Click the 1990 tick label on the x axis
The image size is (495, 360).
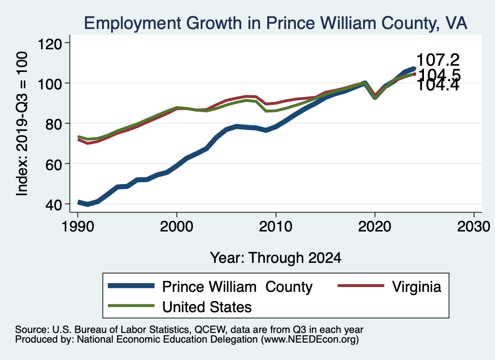[77, 227]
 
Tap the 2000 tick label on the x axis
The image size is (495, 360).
[176, 227]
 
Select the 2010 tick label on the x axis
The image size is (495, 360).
[276, 227]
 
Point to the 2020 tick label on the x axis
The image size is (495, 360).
[375, 227]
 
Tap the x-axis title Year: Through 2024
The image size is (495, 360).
[276, 258]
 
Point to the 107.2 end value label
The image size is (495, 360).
[437, 60]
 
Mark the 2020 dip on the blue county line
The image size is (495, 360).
[375, 97]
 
